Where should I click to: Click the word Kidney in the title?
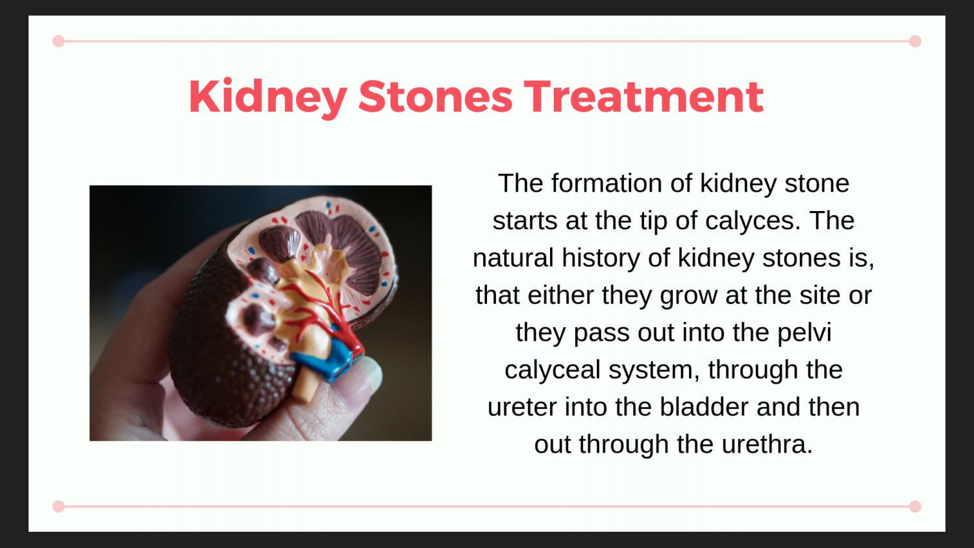pos(267,97)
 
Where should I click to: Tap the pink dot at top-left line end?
pos(58,42)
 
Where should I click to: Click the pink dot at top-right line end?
pos(915,42)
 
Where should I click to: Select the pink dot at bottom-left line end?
pos(58,506)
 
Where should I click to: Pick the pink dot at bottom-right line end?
pos(915,506)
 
